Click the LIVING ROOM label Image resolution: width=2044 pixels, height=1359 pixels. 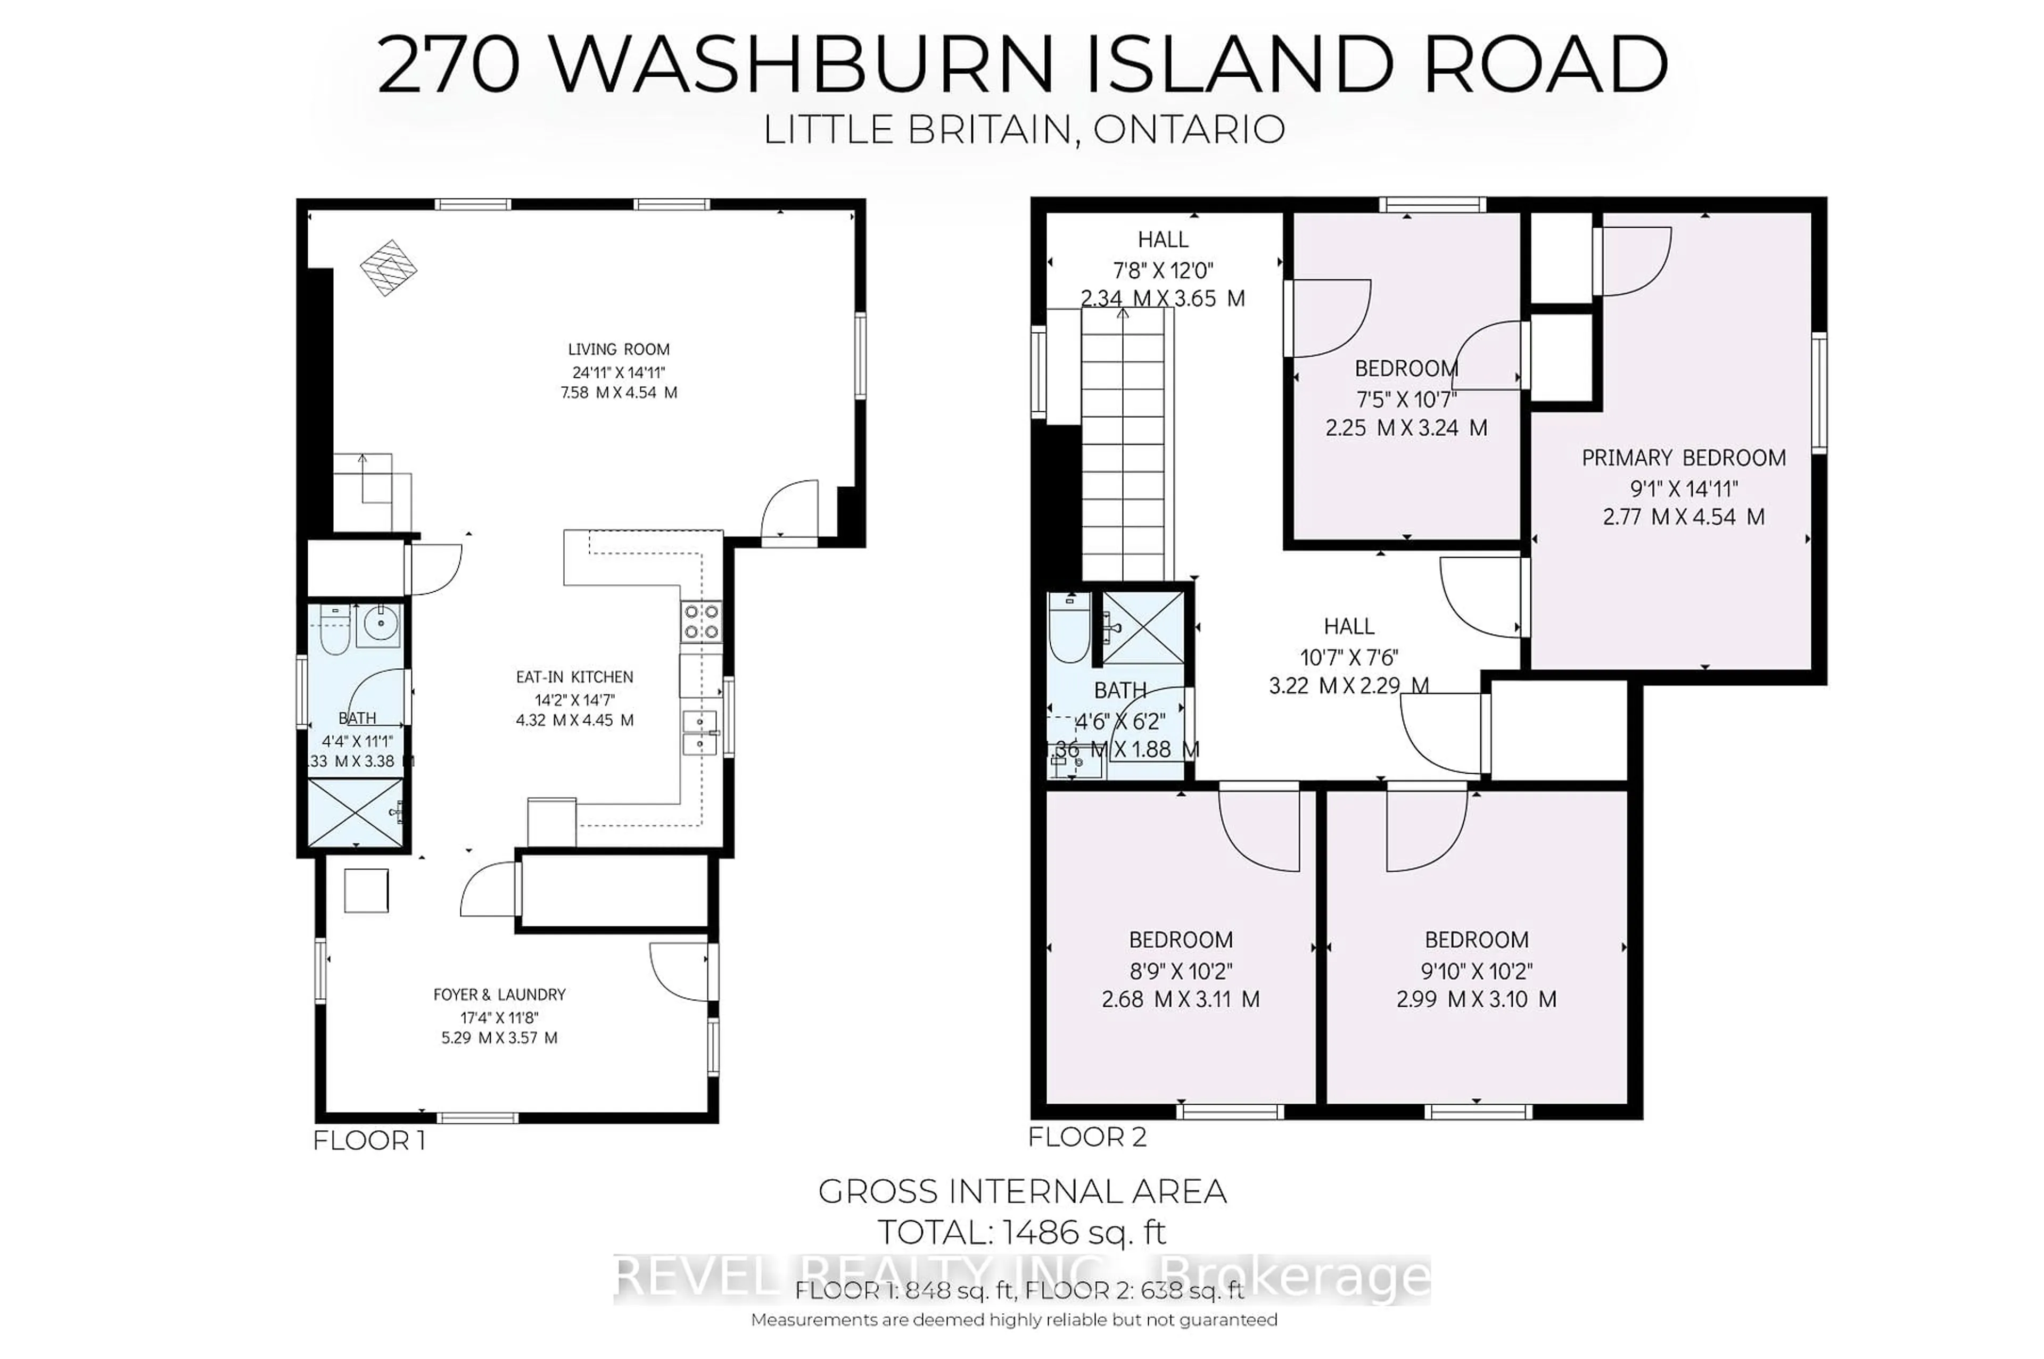point(618,349)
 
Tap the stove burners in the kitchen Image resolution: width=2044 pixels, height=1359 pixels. point(700,622)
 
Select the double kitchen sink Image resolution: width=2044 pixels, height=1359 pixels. point(699,732)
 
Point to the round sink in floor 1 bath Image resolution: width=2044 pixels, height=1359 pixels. point(379,622)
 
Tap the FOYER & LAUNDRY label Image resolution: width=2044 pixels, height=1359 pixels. point(499,994)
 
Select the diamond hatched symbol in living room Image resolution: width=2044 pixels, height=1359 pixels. point(389,267)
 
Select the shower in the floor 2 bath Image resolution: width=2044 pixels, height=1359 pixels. point(1142,627)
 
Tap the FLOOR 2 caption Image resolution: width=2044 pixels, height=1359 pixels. point(1087,1136)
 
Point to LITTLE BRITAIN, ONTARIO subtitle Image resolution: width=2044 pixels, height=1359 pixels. point(1023,130)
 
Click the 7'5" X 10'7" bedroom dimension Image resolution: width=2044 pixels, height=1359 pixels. point(1406,399)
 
